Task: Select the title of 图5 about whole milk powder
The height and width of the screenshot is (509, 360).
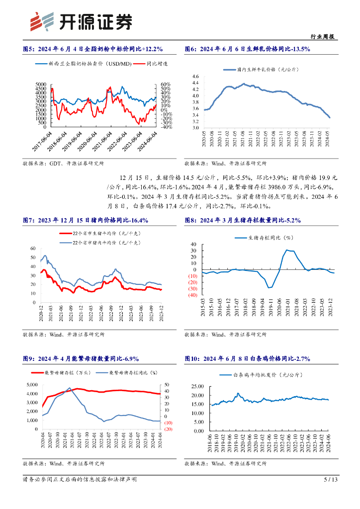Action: coord(93,49)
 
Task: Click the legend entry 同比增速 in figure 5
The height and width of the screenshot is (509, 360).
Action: coord(158,64)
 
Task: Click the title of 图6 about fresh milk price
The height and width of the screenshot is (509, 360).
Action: coord(247,49)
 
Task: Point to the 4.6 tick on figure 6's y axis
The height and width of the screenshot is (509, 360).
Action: coord(195,77)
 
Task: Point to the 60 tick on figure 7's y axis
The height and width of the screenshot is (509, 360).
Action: coord(33,248)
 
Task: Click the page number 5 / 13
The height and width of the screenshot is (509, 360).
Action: coord(331,480)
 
